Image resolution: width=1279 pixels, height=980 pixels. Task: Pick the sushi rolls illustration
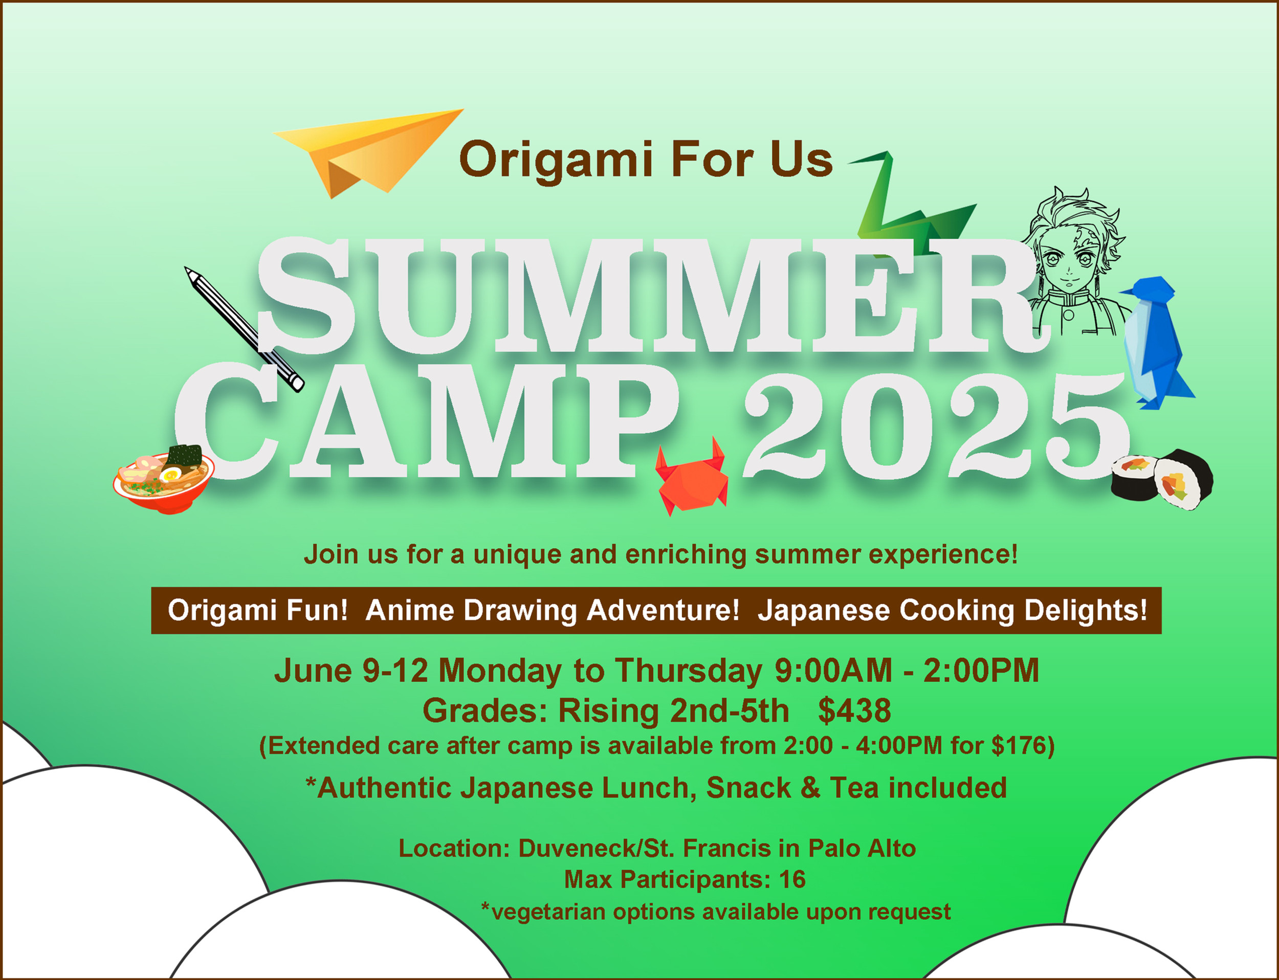pos(1161,479)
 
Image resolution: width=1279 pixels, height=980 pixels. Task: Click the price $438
pos(854,710)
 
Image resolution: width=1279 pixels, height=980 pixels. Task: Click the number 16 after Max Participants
pos(792,880)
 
